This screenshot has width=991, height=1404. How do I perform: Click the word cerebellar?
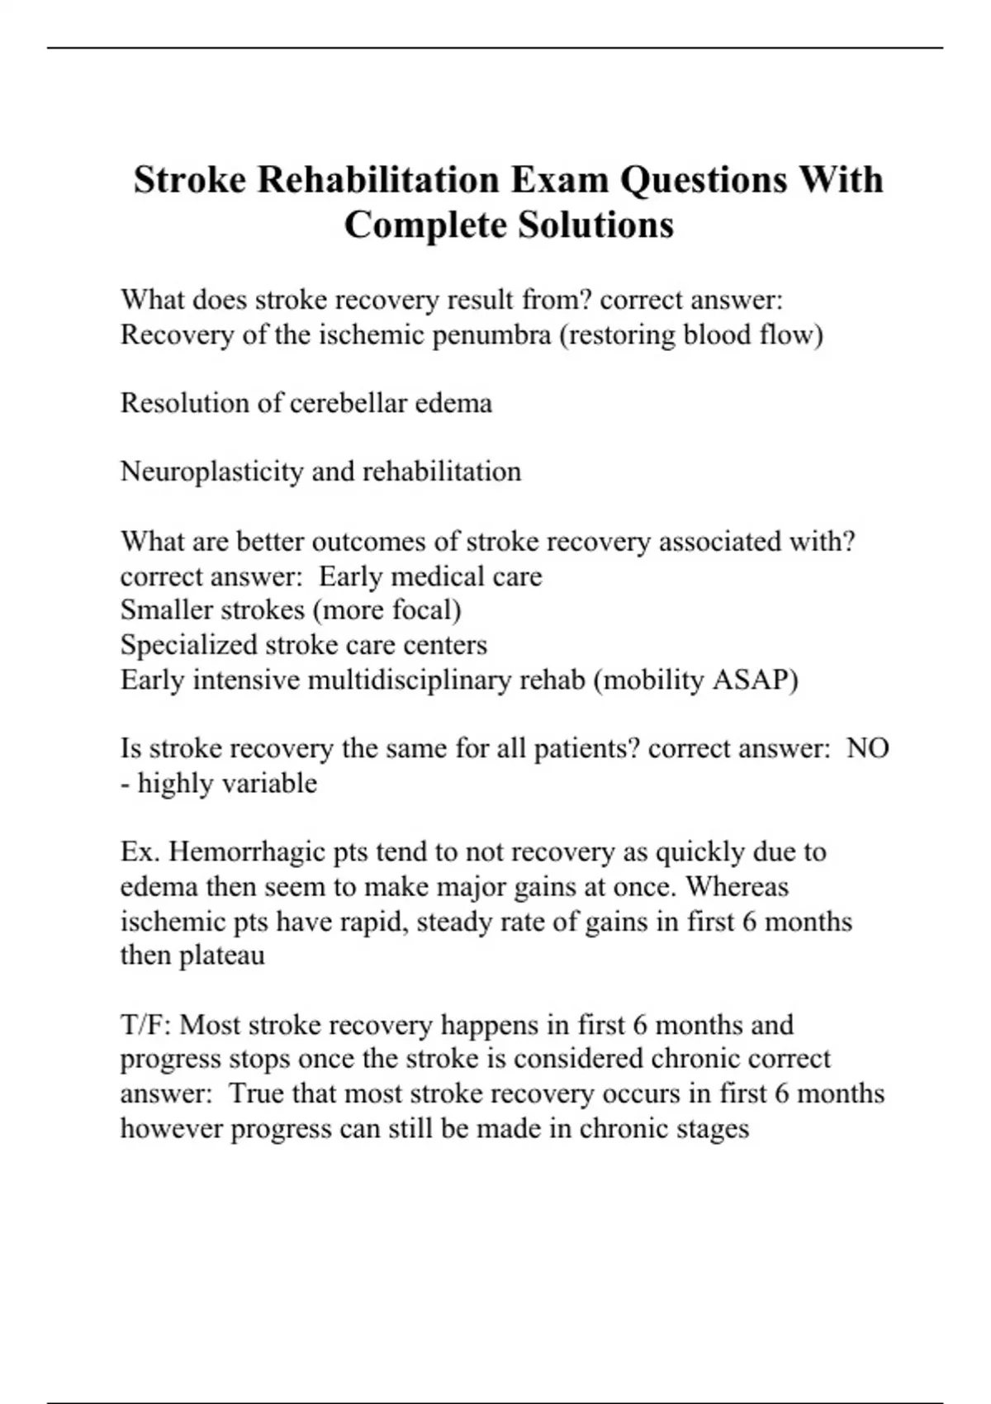point(347,403)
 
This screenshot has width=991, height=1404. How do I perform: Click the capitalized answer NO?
point(868,748)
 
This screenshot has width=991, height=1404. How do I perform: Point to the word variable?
point(273,783)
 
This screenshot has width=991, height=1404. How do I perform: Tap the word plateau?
point(222,956)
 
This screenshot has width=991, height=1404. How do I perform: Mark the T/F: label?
point(146,1025)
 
